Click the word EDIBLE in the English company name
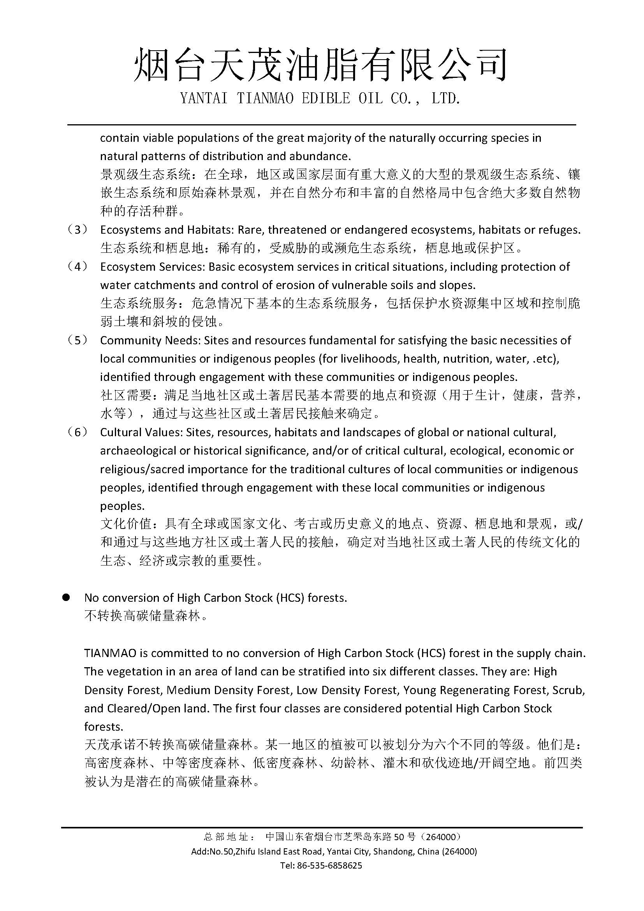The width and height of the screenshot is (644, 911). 326,99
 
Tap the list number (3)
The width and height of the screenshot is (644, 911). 78,230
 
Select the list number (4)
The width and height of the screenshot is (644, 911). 78,267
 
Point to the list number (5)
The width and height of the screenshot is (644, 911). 78,340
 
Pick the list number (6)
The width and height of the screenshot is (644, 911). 78,432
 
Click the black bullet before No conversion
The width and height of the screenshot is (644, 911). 66,597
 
